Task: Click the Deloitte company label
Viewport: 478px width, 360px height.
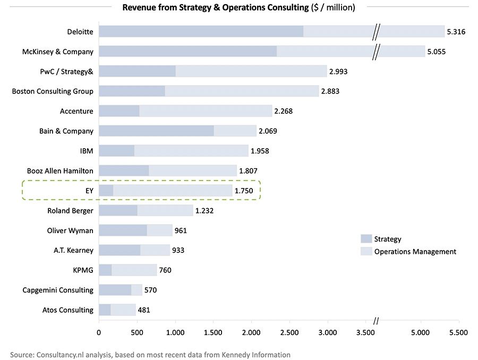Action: [80, 32]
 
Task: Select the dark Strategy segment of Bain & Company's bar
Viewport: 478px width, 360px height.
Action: [156, 131]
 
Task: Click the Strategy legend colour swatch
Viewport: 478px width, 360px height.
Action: [366, 239]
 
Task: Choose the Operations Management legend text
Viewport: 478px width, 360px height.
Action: [415, 252]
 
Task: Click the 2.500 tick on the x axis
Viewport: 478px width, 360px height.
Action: [289, 333]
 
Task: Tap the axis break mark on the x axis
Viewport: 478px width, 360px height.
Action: [376, 321]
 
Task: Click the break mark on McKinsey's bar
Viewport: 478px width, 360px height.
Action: [376, 52]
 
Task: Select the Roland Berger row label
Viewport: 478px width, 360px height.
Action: [70, 211]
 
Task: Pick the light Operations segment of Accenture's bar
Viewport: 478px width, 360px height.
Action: [205, 111]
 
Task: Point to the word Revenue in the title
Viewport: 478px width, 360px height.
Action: [138, 7]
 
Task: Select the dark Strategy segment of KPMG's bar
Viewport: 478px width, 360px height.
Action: [105, 270]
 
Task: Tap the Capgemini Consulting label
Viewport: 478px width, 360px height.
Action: [58, 290]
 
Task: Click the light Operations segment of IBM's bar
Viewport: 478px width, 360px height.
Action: [191, 151]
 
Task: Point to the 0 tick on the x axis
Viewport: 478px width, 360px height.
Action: [99, 333]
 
